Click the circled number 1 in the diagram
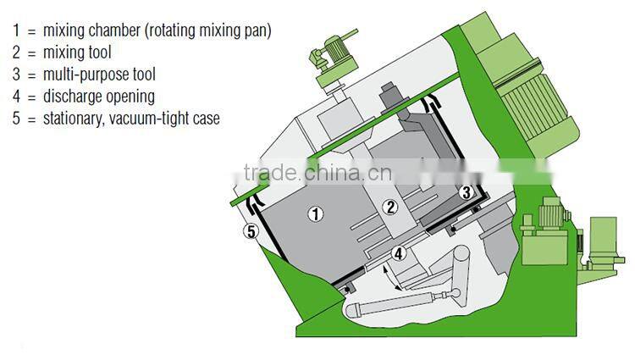pyautogui.click(x=315, y=214)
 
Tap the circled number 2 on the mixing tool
pyautogui.click(x=390, y=206)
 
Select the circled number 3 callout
pyautogui.click(x=466, y=192)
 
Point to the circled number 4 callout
pyautogui.click(x=397, y=252)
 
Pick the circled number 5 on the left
pyautogui.click(x=250, y=230)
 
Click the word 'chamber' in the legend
pyautogui.click(x=114, y=30)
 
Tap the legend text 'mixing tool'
pyautogui.click(x=77, y=53)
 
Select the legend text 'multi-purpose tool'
pyautogui.click(x=99, y=75)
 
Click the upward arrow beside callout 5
pyautogui.click(x=258, y=207)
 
